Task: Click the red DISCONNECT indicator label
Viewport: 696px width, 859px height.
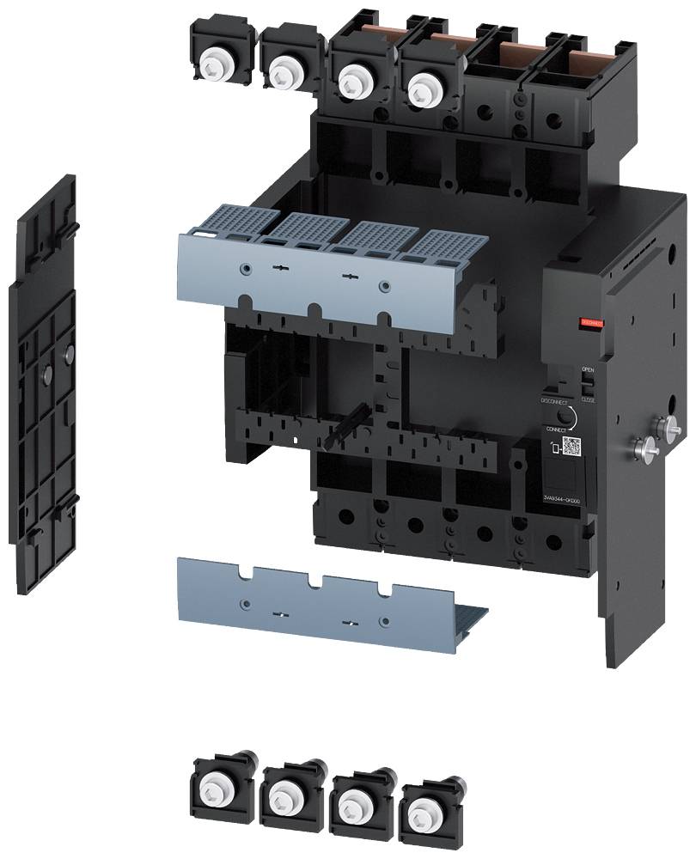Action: pyautogui.click(x=593, y=323)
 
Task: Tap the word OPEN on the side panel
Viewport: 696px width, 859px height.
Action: pyautogui.click(x=588, y=370)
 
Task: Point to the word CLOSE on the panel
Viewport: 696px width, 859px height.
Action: pyautogui.click(x=588, y=399)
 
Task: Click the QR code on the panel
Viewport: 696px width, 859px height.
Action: pyautogui.click(x=571, y=445)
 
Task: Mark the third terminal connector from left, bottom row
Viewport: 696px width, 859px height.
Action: pyautogui.click(x=355, y=801)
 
